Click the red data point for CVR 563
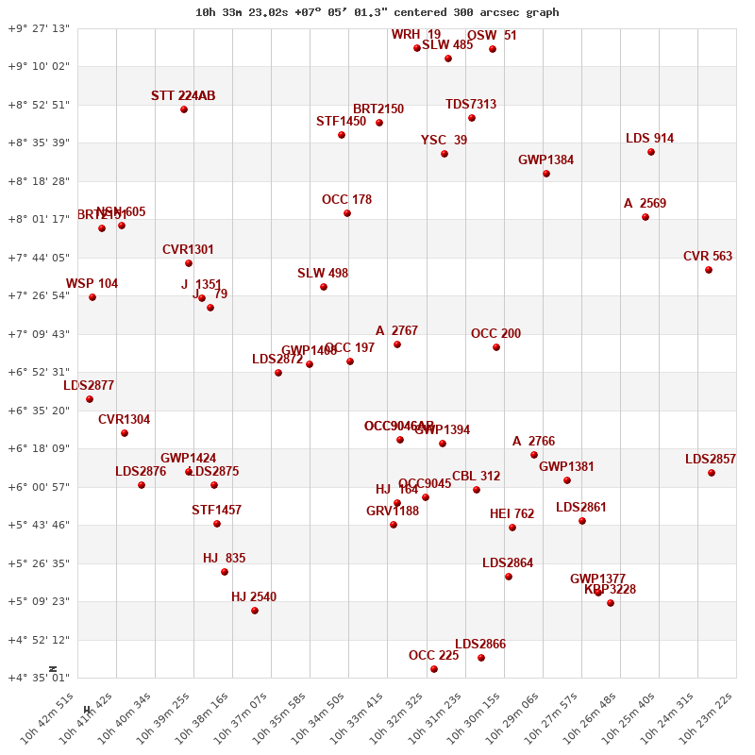(709, 270)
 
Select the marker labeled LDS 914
(651, 152)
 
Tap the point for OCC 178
(347, 213)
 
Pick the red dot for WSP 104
(92, 297)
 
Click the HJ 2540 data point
(255, 611)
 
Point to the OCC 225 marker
(434, 669)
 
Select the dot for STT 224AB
(184, 109)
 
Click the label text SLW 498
(323, 274)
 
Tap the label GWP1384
(545, 160)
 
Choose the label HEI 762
(512, 514)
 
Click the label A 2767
(396, 331)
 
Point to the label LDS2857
(711, 460)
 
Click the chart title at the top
(377, 12)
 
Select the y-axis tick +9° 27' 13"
(39, 28)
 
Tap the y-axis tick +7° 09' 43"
(39, 334)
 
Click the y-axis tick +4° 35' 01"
(39, 678)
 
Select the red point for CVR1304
(125, 433)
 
